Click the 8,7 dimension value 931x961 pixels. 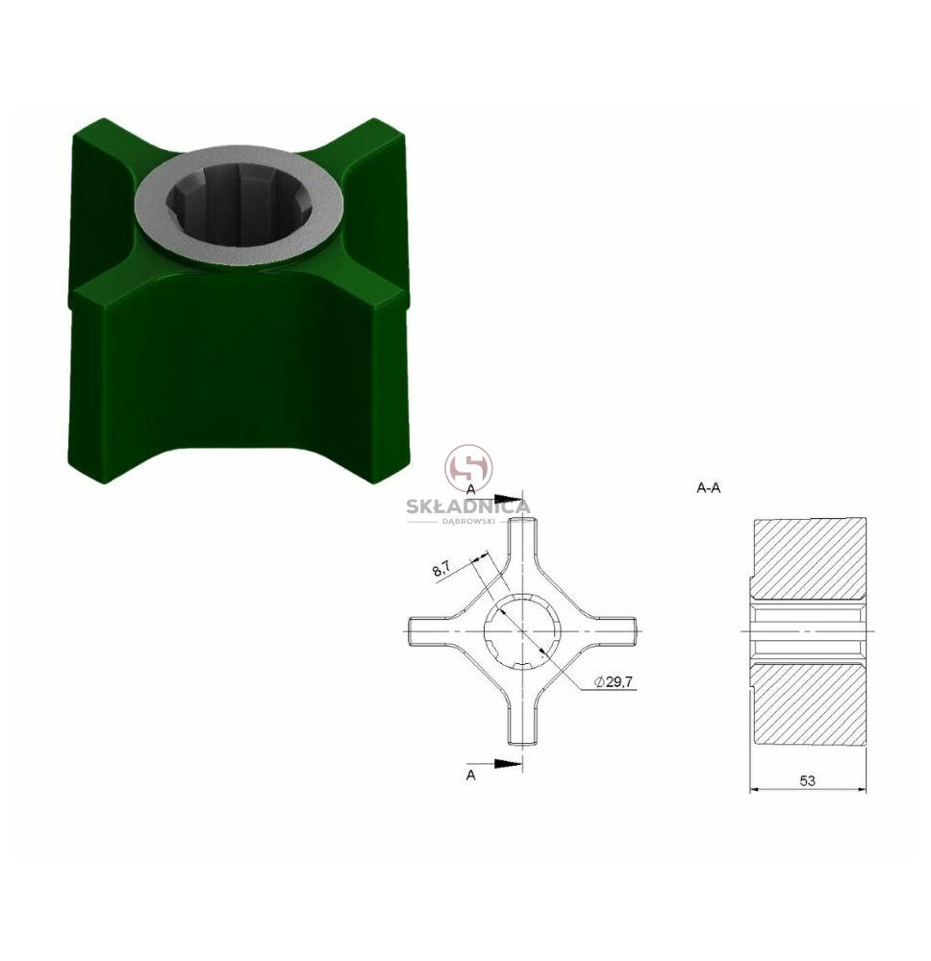[441, 569]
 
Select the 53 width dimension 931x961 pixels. [807, 780]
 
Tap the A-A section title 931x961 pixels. [709, 488]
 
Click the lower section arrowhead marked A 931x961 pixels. [509, 763]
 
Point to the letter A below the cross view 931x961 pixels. [470, 776]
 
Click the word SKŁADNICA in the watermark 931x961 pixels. [468, 506]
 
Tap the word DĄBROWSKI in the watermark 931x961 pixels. [468, 521]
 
